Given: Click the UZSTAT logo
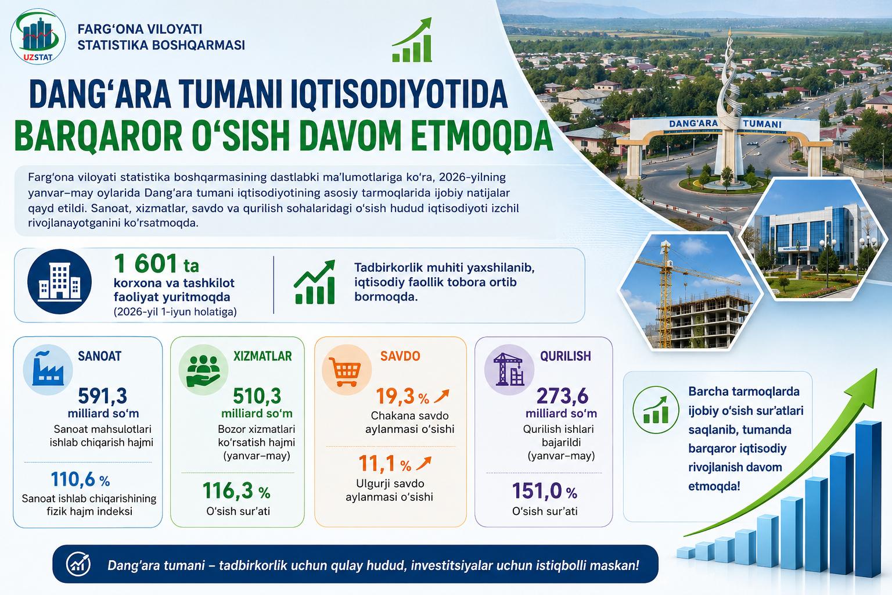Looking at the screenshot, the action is (x=38, y=36).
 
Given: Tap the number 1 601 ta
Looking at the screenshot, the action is (x=156, y=263).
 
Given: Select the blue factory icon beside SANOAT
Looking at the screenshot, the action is (x=48, y=370).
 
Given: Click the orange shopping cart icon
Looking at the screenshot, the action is (x=346, y=370).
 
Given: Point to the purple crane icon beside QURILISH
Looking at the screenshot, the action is (x=509, y=370).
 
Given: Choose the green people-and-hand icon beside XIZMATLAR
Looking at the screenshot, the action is (x=203, y=370).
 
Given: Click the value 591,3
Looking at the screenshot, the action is (x=102, y=396).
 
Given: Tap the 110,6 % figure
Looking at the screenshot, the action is (x=81, y=479).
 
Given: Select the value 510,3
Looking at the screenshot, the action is (x=257, y=396).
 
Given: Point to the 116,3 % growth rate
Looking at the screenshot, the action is (x=236, y=490).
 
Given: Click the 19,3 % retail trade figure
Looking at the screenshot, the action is (x=402, y=396).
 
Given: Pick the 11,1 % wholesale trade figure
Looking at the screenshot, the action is (x=385, y=464).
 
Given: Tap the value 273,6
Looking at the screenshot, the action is (x=562, y=396).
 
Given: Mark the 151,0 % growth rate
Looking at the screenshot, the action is (x=544, y=490).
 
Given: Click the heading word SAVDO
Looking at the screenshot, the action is (x=400, y=356).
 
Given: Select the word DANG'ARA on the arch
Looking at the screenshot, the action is (x=693, y=124).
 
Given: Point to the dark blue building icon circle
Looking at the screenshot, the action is (x=60, y=282).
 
